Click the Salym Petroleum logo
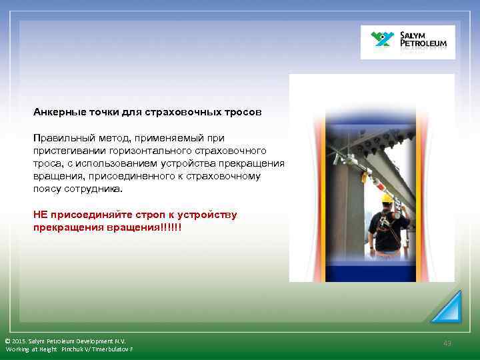coord(407,42)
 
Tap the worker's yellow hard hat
coord(387,199)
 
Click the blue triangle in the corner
coord(446,307)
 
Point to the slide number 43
coord(447,343)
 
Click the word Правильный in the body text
coord(63,138)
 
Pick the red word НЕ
coord(40,215)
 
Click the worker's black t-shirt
coord(388,230)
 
